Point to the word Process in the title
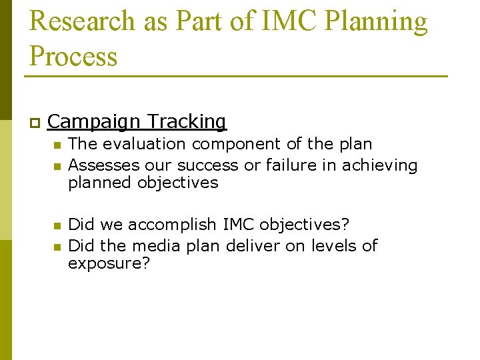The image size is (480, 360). tap(73, 57)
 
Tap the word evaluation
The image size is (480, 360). tap(144, 144)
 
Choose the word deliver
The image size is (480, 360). tap(253, 246)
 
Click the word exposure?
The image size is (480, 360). tap(109, 264)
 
